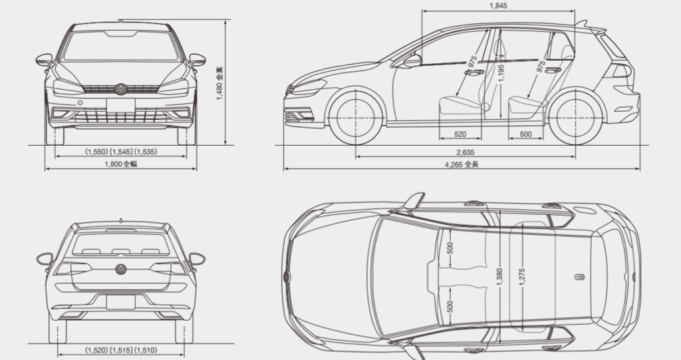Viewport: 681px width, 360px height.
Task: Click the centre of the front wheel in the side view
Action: (x=356, y=118)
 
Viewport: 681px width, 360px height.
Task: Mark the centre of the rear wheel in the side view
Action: (x=575, y=118)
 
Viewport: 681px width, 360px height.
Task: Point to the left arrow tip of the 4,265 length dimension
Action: (x=285, y=169)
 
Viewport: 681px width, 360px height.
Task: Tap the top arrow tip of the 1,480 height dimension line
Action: (x=225, y=20)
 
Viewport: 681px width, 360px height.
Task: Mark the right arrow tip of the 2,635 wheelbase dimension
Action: (x=575, y=156)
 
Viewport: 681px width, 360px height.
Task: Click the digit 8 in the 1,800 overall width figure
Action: (x=110, y=164)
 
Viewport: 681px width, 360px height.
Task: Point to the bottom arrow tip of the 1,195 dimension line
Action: (x=501, y=118)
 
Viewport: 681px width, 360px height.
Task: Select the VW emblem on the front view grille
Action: (x=120, y=89)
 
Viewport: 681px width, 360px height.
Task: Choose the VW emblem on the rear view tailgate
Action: (x=121, y=269)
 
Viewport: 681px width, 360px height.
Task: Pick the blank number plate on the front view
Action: (x=120, y=105)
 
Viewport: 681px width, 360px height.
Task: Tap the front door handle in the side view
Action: (x=474, y=72)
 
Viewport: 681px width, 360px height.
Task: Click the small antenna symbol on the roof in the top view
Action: (x=579, y=277)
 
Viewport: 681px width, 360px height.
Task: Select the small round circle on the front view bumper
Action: (x=80, y=103)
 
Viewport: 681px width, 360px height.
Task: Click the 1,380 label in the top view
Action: (x=499, y=277)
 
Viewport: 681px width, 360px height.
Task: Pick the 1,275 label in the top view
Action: (x=521, y=277)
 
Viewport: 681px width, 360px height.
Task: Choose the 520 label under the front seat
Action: (x=460, y=134)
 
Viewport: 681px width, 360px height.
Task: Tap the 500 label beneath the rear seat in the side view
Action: (x=525, y=134)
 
